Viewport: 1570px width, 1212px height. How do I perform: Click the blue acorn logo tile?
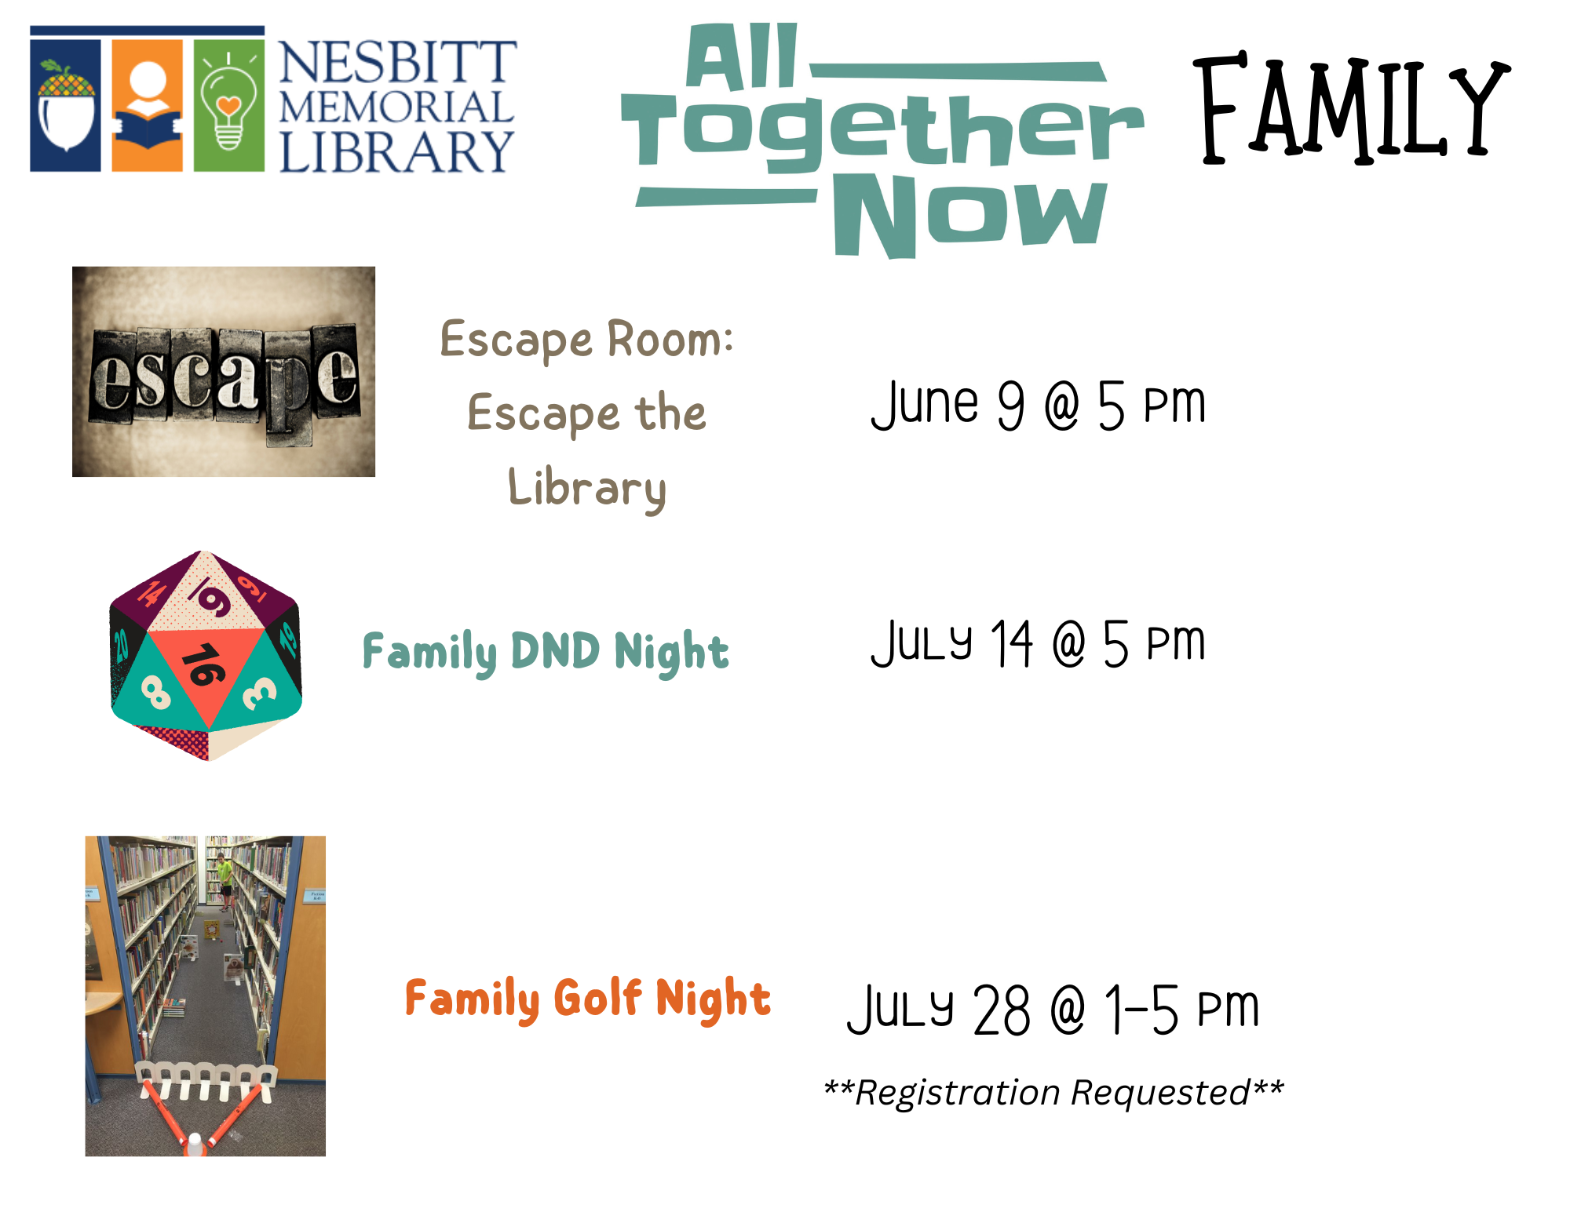pyautogui.click(x=65, y=105)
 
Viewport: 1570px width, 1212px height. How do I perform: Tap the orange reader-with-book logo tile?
pyautogui.click(x=148, y=105)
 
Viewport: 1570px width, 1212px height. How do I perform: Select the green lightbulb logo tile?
pyautogui.click(x=229, y=105)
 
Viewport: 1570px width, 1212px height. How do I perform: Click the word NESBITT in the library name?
pyautogui.click(x=398, y=62)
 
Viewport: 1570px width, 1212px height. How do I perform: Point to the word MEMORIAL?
pyautogui.click(x=396, y=107)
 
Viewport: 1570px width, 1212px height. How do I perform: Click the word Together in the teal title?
pyautogui.click(x=882, y=131)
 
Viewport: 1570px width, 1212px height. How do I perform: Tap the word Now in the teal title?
pyautogui.click(x=970, y=215)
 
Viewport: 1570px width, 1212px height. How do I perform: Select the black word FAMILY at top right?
pyautogui.click(x=1352, y=108)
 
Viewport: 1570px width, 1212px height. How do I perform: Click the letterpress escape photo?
pyautogui.click(x=224, y=371)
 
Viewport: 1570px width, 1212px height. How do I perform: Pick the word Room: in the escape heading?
pyautogui.click(x=670, y=340)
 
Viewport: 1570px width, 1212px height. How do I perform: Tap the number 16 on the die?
pyautogui.click(x=203, y=665)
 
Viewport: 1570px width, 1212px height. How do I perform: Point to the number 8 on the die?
pyautogui.click(x=155, y=693)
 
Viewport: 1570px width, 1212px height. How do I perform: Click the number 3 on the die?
pyautogui.click(x=258, y=693)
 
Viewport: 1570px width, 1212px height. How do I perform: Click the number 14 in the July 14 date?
pyautogui.click(x=1011, y=643)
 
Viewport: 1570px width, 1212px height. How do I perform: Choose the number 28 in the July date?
pyautogui.click(x=1002, y=1010)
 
